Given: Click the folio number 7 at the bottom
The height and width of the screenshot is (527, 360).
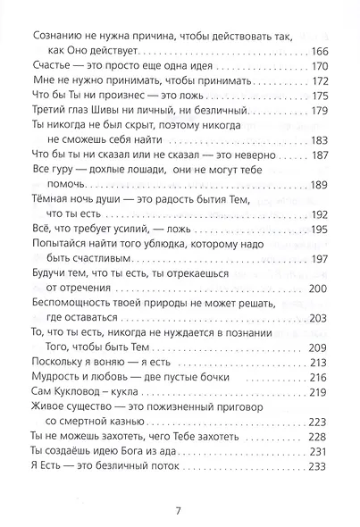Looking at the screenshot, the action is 180,510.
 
